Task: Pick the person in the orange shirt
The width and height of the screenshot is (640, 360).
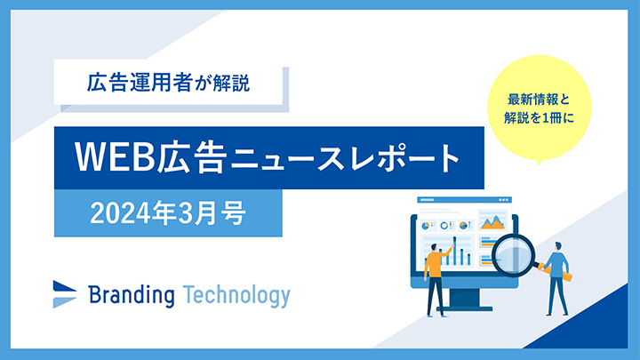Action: pos(436,271)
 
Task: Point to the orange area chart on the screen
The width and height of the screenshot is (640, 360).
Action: pos(492,223)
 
